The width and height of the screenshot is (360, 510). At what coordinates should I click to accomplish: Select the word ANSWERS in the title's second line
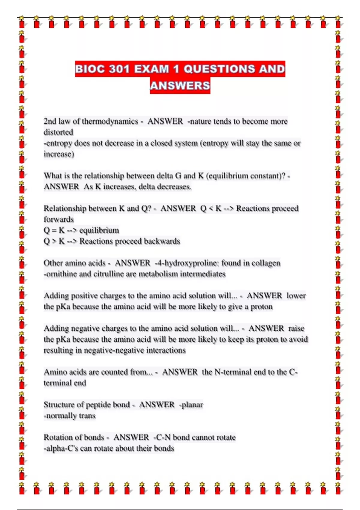click(x=180, y=86)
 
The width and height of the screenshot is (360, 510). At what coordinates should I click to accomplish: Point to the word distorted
click(x=58, y=132)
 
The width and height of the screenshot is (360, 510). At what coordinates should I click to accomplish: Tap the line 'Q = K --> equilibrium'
click(x=81, y=230)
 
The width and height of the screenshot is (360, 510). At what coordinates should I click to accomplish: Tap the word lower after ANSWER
click(x=296, y=296)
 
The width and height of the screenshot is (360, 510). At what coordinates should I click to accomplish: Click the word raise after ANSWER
click(x=296, y=328)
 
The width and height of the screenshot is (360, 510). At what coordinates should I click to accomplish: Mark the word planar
click(x=192, y=405)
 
